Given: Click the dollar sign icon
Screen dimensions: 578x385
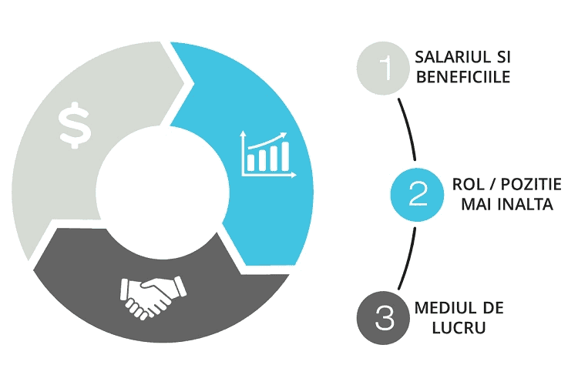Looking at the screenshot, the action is pyautogui.click(x=75, y=126).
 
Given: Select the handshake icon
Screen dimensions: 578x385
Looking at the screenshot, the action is pyautogui.click(x=153, y=297).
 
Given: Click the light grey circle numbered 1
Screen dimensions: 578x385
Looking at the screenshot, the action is pyautogui.click(x=383, y=69).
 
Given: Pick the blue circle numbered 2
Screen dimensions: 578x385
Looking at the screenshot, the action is pyautogui.click(x=417, y=195).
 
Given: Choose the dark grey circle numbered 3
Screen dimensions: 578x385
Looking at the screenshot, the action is pyautogui.click(x=383, y=318).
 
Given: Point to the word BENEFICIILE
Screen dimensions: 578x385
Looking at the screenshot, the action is pyautogui.click(x=463, y=77).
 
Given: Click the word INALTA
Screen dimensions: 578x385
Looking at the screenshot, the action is pyautogui.click(x=526, y=204).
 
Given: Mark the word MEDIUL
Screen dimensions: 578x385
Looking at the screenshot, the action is pyautogui.click(x=442, y=308).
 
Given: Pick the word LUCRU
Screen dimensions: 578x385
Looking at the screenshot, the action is pyautogui.click(x=459, y=327).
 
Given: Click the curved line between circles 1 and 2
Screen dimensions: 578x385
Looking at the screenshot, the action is pyautogui.click(x=408, y=129).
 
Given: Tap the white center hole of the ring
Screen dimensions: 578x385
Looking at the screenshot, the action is pyautogui.click(x=162, y=192).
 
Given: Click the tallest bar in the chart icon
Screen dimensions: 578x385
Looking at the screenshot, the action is pyautogui.click(x=285, y=156).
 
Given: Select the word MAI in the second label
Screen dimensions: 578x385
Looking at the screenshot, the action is pyautogui.click(x=476, y=204).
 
